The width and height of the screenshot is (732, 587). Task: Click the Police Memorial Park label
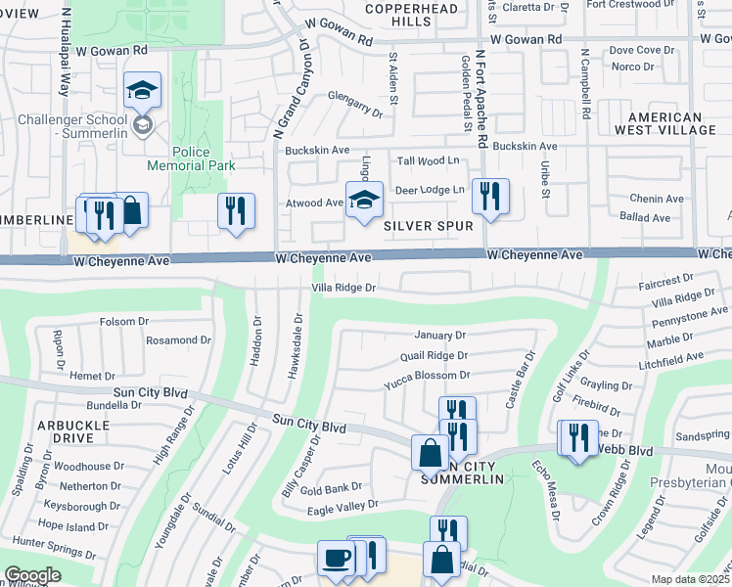191,158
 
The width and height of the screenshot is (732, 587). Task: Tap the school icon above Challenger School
142,92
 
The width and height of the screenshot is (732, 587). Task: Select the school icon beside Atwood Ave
364,201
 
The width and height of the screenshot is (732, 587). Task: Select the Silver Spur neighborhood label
429,226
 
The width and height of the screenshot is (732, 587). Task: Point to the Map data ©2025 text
690,579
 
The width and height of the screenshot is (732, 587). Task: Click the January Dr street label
440,336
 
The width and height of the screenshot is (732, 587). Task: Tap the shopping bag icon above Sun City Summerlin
430,453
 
